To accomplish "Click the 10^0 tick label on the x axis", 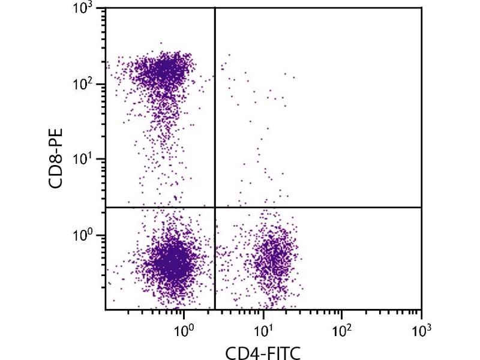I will click(x=184, y=329).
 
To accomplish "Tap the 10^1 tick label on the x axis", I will click(x=263, y=329).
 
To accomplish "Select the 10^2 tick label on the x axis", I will click(x=342, y=329).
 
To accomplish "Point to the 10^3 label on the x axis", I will click(x=421, y=329).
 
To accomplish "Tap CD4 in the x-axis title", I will click(x=238, y=350).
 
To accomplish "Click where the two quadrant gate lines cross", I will click(x=215, y=207).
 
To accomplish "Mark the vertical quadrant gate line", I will click(x=215, y=108).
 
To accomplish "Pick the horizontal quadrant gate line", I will click(x=318, y=207).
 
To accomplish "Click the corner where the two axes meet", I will click(x=106, y=310).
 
